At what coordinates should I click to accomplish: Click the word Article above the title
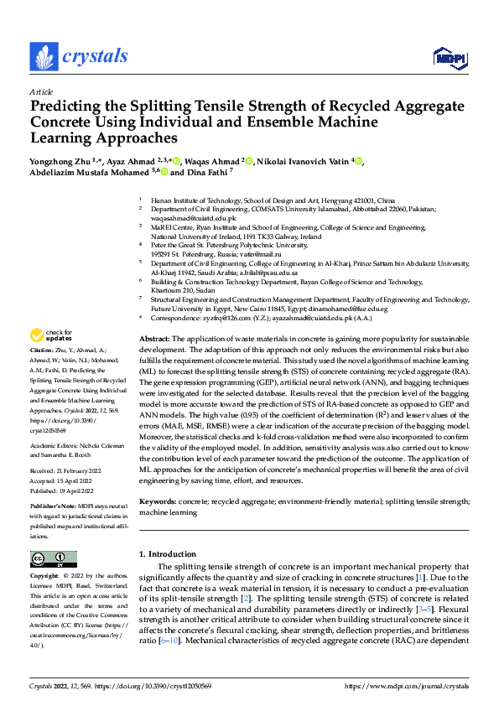point(41,91)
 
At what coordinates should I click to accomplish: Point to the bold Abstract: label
point(153,360)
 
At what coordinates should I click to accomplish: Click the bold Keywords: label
point(157,501)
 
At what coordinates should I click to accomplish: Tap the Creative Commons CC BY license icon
point(54,559)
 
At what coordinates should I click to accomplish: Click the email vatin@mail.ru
point(258,253)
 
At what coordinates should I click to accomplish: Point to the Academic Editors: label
point(55,446)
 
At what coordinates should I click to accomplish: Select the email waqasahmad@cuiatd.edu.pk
point(195,218)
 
